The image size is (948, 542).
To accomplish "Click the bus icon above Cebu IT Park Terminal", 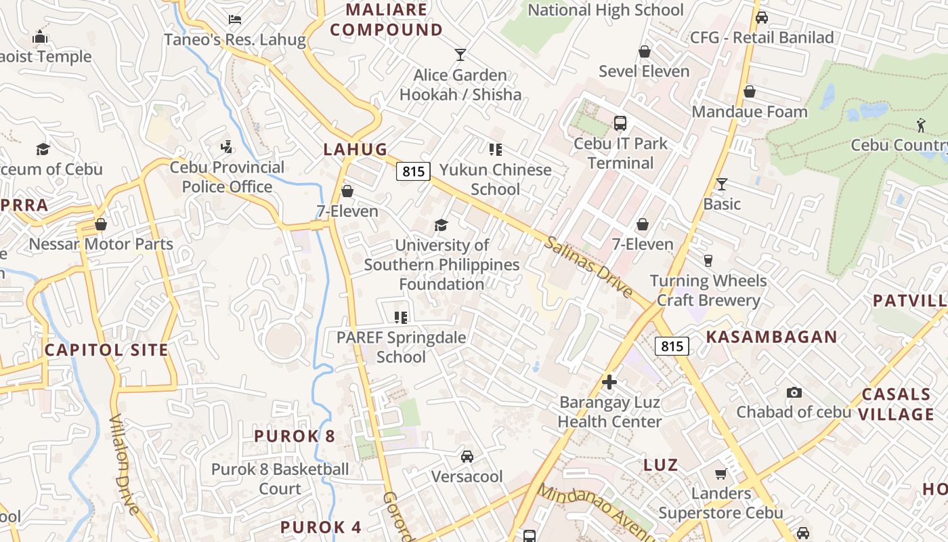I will point(620,123).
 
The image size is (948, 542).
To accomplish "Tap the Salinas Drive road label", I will point(588,267).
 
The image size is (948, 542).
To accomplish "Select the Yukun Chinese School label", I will point(496,179).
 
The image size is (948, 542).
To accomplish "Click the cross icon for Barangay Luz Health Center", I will point(609,382).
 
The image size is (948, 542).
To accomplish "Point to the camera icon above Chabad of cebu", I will point(794,392).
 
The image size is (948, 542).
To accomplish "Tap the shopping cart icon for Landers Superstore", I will point(721,474).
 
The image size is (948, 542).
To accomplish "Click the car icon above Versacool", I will point(467,457).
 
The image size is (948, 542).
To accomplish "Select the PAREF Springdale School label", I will point(401,347).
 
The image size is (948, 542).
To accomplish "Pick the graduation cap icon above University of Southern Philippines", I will point(441,225).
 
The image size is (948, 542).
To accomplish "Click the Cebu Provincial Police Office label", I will point(227,177).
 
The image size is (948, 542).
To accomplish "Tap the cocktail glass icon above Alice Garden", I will point(461,55).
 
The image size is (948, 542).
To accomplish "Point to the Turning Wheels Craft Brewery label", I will point(708,290).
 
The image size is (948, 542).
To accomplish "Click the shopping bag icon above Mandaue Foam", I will point(750,91).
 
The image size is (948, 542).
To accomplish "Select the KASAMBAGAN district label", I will point(772,337).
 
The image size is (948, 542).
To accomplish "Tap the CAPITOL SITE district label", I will point(106,350).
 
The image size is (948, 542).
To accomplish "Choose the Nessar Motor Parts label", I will point(101,244).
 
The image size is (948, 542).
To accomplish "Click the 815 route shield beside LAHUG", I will point(413,171).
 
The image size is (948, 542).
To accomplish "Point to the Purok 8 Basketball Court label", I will point(280,478).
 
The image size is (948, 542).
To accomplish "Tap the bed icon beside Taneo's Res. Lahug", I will point(235,20).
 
